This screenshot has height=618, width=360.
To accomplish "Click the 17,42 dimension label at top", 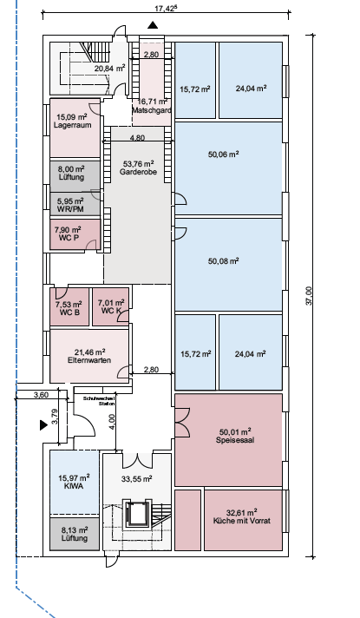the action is point(164,9).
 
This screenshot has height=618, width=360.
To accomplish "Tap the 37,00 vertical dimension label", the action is point(309,296).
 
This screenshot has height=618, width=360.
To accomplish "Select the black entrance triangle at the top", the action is point(153,26).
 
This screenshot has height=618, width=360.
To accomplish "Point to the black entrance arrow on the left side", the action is point(43,425).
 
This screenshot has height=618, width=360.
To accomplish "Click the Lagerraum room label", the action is point(73,125).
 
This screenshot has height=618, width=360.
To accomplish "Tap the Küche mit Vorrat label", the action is point(242,521).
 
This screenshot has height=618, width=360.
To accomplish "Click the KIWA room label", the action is point(74,486).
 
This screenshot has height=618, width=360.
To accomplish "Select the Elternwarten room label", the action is point(89,360).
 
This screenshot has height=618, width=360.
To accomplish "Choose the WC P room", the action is point(75,234).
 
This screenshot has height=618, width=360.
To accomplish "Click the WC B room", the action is point(69,306).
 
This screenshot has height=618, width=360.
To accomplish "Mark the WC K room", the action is point(110,306).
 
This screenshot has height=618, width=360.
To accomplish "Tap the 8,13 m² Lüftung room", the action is point(75,534).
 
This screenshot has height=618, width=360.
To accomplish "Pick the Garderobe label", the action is point(138,172).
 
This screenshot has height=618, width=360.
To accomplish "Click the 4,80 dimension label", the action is point(137,137).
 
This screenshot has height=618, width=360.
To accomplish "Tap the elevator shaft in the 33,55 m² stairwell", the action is point(136,513).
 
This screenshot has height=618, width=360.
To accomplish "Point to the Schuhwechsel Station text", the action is point(99,401).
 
